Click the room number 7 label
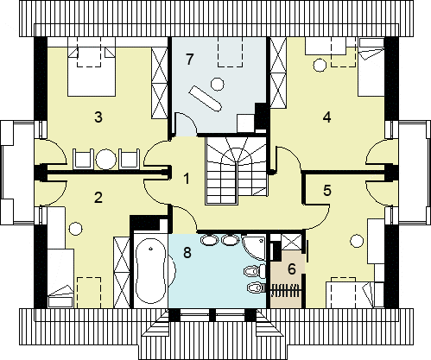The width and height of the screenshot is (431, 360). [189, 60]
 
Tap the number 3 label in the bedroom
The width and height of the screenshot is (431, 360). [98, 117]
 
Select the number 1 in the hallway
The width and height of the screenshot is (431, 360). [187, 179]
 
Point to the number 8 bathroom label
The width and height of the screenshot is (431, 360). [187, 253]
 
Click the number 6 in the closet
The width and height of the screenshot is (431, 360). [292, 269]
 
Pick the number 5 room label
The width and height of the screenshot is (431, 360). [327, 191]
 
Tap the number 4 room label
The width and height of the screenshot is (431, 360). [327, 117]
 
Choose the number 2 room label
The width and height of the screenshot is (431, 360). [98, 198]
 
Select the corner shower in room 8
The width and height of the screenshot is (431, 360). [253, 247]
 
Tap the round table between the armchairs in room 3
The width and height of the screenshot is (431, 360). [106, 159]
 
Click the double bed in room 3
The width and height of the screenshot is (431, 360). [92, 72]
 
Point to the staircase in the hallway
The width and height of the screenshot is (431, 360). [236, 170]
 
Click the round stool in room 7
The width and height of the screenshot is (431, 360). [218, 84]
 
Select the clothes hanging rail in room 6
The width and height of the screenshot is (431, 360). [286, 291]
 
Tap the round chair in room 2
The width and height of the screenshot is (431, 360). [76, 229]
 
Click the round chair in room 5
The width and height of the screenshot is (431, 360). [357, 241]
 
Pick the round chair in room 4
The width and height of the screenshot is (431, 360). [320, 65]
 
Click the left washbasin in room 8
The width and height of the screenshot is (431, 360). [210, 240]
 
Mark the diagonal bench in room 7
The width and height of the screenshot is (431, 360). [206, 98]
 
